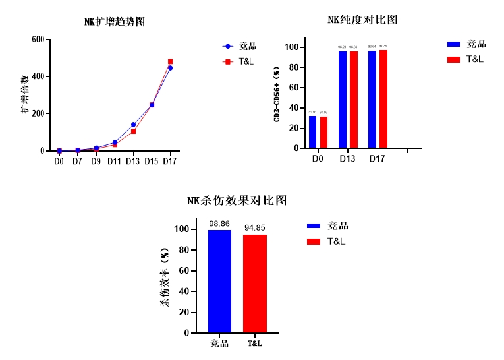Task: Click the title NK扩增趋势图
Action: (x=115, y=22)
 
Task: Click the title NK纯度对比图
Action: (x=362, y=20)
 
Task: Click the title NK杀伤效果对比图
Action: (x=237, y=201)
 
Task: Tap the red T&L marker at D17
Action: (x=170, y=61)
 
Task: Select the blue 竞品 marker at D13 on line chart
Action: (x=133, y=124)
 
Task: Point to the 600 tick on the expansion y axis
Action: (x=38, y=40)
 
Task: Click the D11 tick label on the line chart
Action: (x=115, y=161)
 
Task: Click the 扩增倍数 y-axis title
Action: (x=24, y=95)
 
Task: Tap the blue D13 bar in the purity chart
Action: (x=343, y=100)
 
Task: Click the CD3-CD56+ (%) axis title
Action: (x=277, y=95)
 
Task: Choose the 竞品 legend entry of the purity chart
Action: (x=468, y=44)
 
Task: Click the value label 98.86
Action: (x=219, y=224)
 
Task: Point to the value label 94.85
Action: (x=254, y=228)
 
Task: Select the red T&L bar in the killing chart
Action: (x=254, y=284)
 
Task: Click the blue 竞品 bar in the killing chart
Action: (x=219, y=282)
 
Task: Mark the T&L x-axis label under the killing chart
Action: (x=254, y=344)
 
